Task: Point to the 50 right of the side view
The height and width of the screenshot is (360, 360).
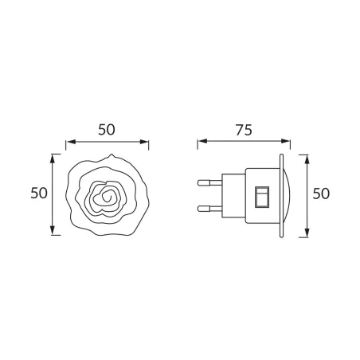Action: [321, 194]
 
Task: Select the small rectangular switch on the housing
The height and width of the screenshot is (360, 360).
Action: [260, 197]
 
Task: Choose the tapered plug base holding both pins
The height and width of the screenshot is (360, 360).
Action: [231, 194]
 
